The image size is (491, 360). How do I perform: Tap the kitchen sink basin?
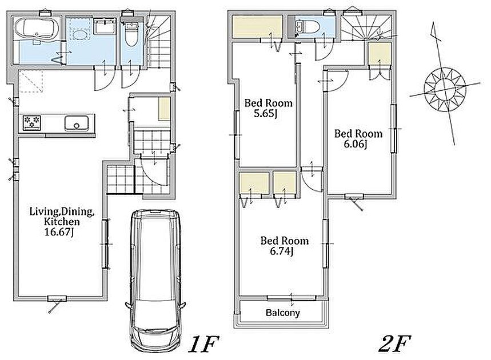(x=77, y=123)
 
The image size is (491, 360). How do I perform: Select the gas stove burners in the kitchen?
(x=32, y=122)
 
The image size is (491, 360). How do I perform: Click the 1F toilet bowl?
(x=131, y=35)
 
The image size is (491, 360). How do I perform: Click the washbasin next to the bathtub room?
(x=106, y=27)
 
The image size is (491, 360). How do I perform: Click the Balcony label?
(x=282, y=313)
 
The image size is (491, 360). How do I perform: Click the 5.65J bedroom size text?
(x=266, y=113)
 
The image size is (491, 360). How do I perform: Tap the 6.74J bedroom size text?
(x=282, y=251)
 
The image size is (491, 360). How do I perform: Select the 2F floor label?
(x=394, y=344)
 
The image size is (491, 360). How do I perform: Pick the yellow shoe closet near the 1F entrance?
(x=164, y=109)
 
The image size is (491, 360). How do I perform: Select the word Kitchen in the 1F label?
(x=62, y=222)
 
